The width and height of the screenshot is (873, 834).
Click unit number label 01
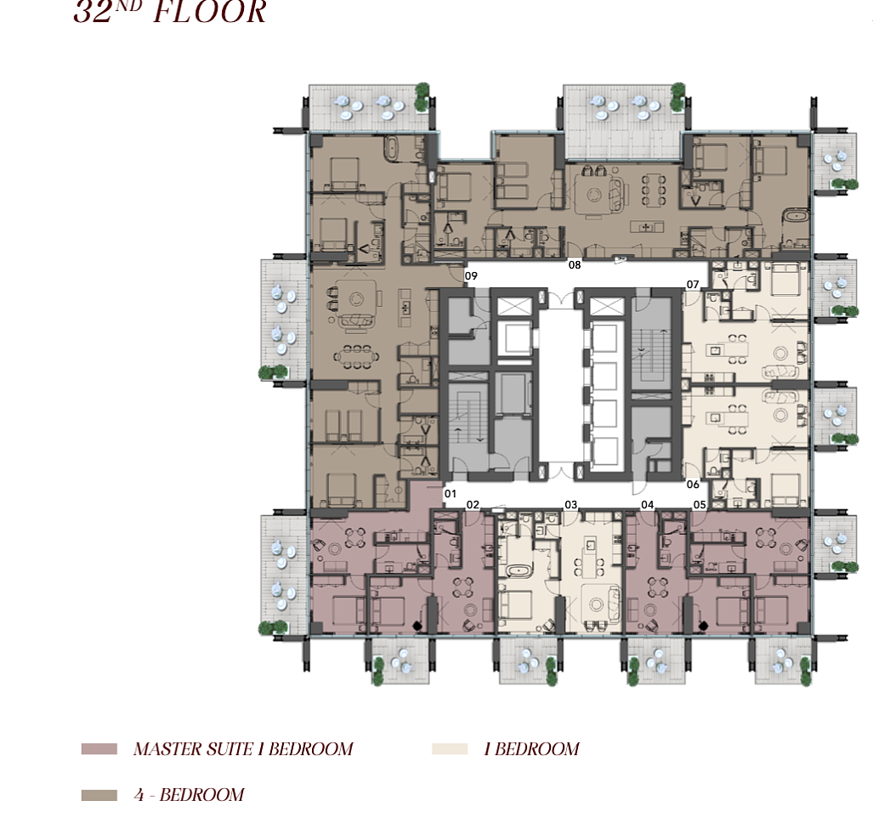pos(451,493)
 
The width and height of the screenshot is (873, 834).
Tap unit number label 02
pos(473,505)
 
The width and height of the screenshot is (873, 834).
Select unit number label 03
pos(570,505)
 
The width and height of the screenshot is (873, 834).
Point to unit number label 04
pos(647,505)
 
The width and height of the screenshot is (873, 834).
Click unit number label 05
pos(700,505)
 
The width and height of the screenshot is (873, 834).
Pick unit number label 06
pos(693,485)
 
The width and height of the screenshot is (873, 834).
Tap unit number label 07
pos(693,285)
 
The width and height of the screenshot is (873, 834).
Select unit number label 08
pos(575,265)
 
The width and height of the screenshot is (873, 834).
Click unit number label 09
pos(471,275)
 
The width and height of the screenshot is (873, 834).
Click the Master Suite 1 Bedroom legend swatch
pos(99,749)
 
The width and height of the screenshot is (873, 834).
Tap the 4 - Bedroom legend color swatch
pos(99,795)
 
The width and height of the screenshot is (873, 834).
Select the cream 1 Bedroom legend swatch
pos(450,749)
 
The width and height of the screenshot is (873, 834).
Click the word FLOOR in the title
pos(209,11)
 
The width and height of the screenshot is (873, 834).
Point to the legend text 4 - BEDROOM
pos(190,795)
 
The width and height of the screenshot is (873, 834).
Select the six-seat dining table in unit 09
pos(356,357)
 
